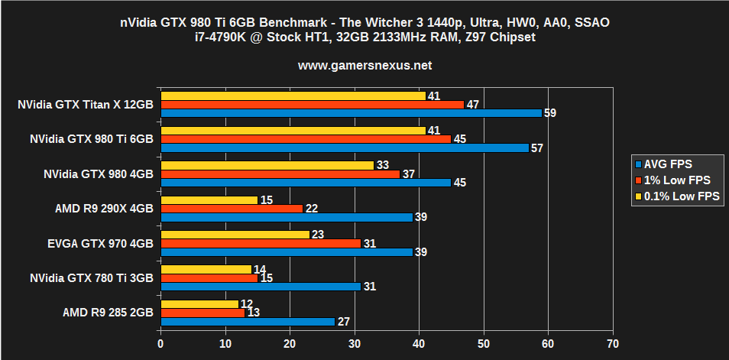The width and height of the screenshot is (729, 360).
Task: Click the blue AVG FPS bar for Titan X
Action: click(x=351, y=112)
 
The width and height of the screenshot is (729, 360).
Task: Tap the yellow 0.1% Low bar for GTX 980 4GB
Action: click(x=267, y=165)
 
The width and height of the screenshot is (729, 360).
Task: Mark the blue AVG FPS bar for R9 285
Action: click(x=248, y=322)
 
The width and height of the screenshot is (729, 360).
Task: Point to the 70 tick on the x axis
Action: click(x=612, y=344)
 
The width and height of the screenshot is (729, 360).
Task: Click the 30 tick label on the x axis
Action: click(x=354, y=344)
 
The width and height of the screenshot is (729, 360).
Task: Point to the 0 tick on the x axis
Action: click(x=160, y=344)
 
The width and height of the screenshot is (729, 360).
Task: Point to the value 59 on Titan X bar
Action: click(x=549, y=113)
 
